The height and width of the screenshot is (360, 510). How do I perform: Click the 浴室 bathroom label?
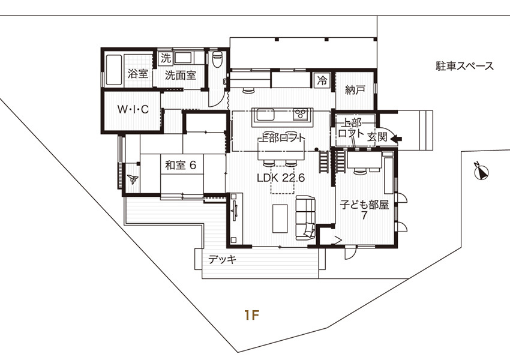[138, 74]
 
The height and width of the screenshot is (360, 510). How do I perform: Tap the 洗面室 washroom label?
[181, 75]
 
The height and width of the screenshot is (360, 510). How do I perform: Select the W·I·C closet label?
[133, 110]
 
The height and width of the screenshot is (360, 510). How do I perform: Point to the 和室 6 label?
[181, 165]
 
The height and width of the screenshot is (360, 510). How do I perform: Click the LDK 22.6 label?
[281, 178]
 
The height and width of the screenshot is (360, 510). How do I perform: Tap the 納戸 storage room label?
[355, 90]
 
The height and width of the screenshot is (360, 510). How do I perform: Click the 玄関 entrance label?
[377, 137]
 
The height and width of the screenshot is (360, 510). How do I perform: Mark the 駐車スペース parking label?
[465, 66]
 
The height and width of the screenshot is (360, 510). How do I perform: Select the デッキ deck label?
[222, 260]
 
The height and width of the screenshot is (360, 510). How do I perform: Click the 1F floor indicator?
[252, 315]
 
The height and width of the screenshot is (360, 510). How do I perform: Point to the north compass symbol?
[482, 172]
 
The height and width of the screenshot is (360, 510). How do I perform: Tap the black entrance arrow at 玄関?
[396, 139]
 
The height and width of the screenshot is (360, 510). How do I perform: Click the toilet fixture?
[217, 59]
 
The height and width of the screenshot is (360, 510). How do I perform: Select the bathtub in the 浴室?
[114, 70]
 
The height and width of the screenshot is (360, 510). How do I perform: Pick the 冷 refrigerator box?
[323, 80]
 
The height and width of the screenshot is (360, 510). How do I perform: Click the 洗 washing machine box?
[166, 58]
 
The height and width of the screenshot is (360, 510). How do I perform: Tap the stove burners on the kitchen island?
[301, 114]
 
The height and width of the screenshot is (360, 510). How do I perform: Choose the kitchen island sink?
[265, 115]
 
